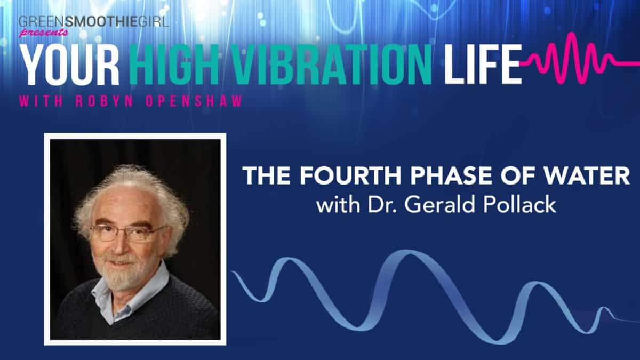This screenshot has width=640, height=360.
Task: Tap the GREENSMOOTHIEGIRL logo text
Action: coord(85,22)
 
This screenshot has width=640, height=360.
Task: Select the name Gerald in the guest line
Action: coord(431,204)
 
